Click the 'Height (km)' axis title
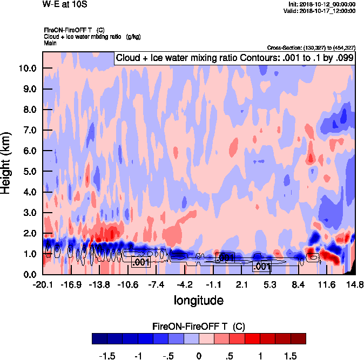tap(7, 162)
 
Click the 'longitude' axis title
tap(199, 300)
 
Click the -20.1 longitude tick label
tap(43, 284)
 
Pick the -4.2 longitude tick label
tap(185, 284)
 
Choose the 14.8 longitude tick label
tap(355, 284)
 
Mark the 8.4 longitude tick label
tap(299, 284)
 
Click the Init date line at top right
tap(322, 4)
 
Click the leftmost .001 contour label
tap(140, 262)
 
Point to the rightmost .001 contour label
tap(262, 267)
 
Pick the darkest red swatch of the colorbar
tap(298, 338)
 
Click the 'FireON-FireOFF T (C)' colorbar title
tap(199, 327)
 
